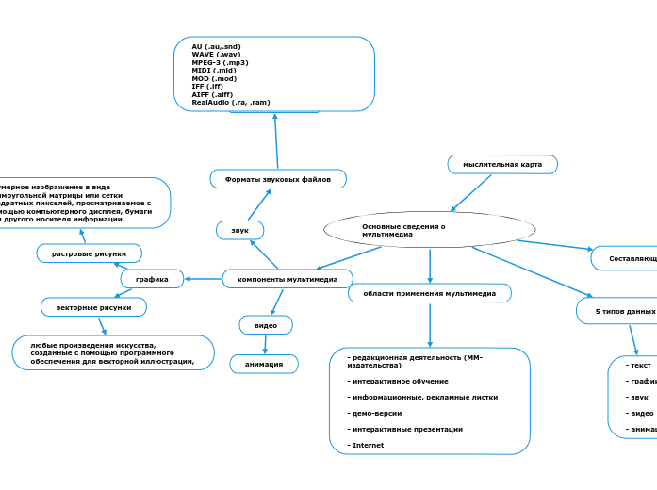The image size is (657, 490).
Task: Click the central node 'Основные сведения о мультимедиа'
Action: (429, 229)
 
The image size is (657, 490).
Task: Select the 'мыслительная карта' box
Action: (502, 164)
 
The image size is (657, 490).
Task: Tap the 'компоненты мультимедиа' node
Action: (287, 279)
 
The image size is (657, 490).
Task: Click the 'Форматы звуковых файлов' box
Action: (278, 178)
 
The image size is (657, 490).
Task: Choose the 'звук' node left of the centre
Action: (239, 230)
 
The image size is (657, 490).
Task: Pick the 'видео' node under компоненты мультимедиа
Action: (266, 325)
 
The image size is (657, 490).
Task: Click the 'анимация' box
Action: (264, 364)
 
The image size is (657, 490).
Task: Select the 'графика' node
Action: (152, 279)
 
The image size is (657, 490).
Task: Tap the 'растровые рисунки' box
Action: (90, 253)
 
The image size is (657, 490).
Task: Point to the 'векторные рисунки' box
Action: (93, 307)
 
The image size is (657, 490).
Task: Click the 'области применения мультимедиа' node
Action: (430, 293)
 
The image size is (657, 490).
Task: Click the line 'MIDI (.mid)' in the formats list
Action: (214, 70)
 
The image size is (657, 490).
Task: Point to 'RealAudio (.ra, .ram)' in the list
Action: (231, 102)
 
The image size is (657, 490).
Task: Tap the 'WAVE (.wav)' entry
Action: (216, 54)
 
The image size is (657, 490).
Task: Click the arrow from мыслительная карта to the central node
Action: (471, 192)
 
